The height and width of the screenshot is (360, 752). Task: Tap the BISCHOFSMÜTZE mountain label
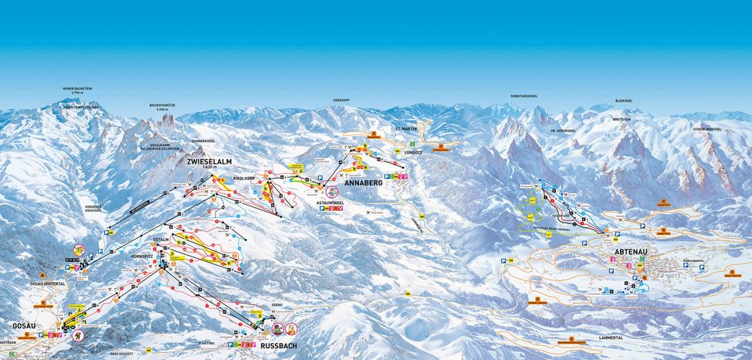click(x=164, y=106)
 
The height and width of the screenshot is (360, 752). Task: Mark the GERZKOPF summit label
click(x=342, y=100)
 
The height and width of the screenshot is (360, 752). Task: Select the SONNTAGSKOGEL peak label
click(x=523, y=96)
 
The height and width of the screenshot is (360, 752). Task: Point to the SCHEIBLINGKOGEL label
click(x=707, y=129)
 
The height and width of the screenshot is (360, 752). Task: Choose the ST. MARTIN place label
click(x=406, y=128)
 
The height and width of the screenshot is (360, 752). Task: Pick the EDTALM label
click(x=161, y=219)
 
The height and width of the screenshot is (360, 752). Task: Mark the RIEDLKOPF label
click(x=243, y=178)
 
